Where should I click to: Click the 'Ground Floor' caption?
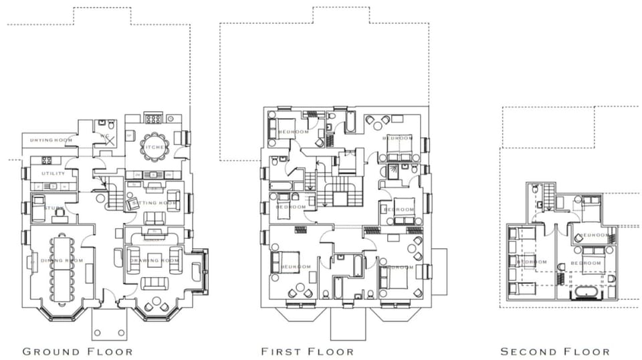(78, 351)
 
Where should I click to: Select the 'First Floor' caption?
(307, 351)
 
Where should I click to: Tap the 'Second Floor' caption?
(554, 351)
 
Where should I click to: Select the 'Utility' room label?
(53, 174)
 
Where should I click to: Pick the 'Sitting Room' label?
(154, 203)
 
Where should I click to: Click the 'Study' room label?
(53, 209)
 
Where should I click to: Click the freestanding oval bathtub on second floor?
(585, 293)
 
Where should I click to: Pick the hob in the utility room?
(47, 161)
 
